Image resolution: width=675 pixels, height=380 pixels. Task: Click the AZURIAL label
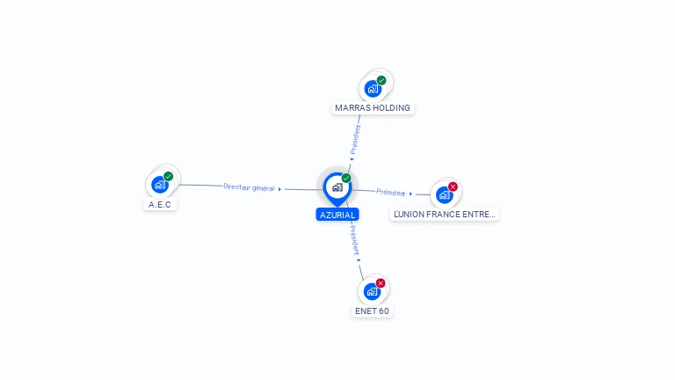337,215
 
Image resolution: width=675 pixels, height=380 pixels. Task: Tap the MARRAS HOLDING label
373,108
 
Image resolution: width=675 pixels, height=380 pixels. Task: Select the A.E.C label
160,204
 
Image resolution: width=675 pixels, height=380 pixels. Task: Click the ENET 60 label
372,311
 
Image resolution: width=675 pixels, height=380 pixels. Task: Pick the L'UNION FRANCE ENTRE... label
445,214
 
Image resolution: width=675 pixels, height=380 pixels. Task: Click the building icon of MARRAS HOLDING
373,89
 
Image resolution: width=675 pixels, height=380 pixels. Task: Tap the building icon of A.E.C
159,185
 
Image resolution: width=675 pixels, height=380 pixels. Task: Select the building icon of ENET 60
372,292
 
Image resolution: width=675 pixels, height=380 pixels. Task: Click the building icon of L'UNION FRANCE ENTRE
444,194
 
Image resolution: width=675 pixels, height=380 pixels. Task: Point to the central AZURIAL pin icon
337,187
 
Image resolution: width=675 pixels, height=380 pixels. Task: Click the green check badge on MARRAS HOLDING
381,80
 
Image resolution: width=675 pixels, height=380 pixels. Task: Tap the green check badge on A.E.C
169,176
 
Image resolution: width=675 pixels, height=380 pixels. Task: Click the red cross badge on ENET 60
381,283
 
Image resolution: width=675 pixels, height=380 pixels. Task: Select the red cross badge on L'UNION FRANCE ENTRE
454,186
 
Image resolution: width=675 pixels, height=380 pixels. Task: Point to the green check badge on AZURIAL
346,178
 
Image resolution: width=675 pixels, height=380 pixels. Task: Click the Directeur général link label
249,187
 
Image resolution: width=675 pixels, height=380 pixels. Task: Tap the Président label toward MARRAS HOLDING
356,139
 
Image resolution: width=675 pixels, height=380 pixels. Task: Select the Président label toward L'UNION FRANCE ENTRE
390,192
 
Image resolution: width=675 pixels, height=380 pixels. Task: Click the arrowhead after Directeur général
279,189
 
